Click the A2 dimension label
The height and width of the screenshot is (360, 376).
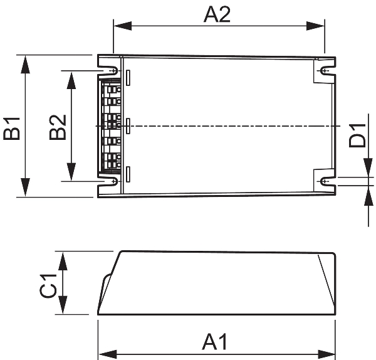click(x=217, y=14)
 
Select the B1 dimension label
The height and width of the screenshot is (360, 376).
click(x=11, y=128)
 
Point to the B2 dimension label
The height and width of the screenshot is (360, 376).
click(x=58, y=127)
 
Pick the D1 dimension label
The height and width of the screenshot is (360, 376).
click(x=357, y=135)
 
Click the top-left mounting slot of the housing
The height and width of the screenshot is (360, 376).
click(x=110, y=71)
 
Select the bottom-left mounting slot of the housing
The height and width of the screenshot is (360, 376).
click(x=110, y=181)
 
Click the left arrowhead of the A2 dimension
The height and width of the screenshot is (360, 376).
click(x=123, y=26)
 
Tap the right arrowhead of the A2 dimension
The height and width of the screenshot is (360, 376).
click(x=315, y=26)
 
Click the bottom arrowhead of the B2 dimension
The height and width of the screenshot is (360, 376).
click(x=71, y=172)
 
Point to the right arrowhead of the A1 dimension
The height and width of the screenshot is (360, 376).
click(x=326, y=354)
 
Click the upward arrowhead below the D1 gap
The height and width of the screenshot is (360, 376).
click(x=368, y=196)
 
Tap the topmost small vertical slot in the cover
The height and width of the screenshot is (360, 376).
click(x=128, y=78)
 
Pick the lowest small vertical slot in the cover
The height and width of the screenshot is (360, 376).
click(x=128, y=174)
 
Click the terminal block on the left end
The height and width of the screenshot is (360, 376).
click(x=110, y=126)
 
